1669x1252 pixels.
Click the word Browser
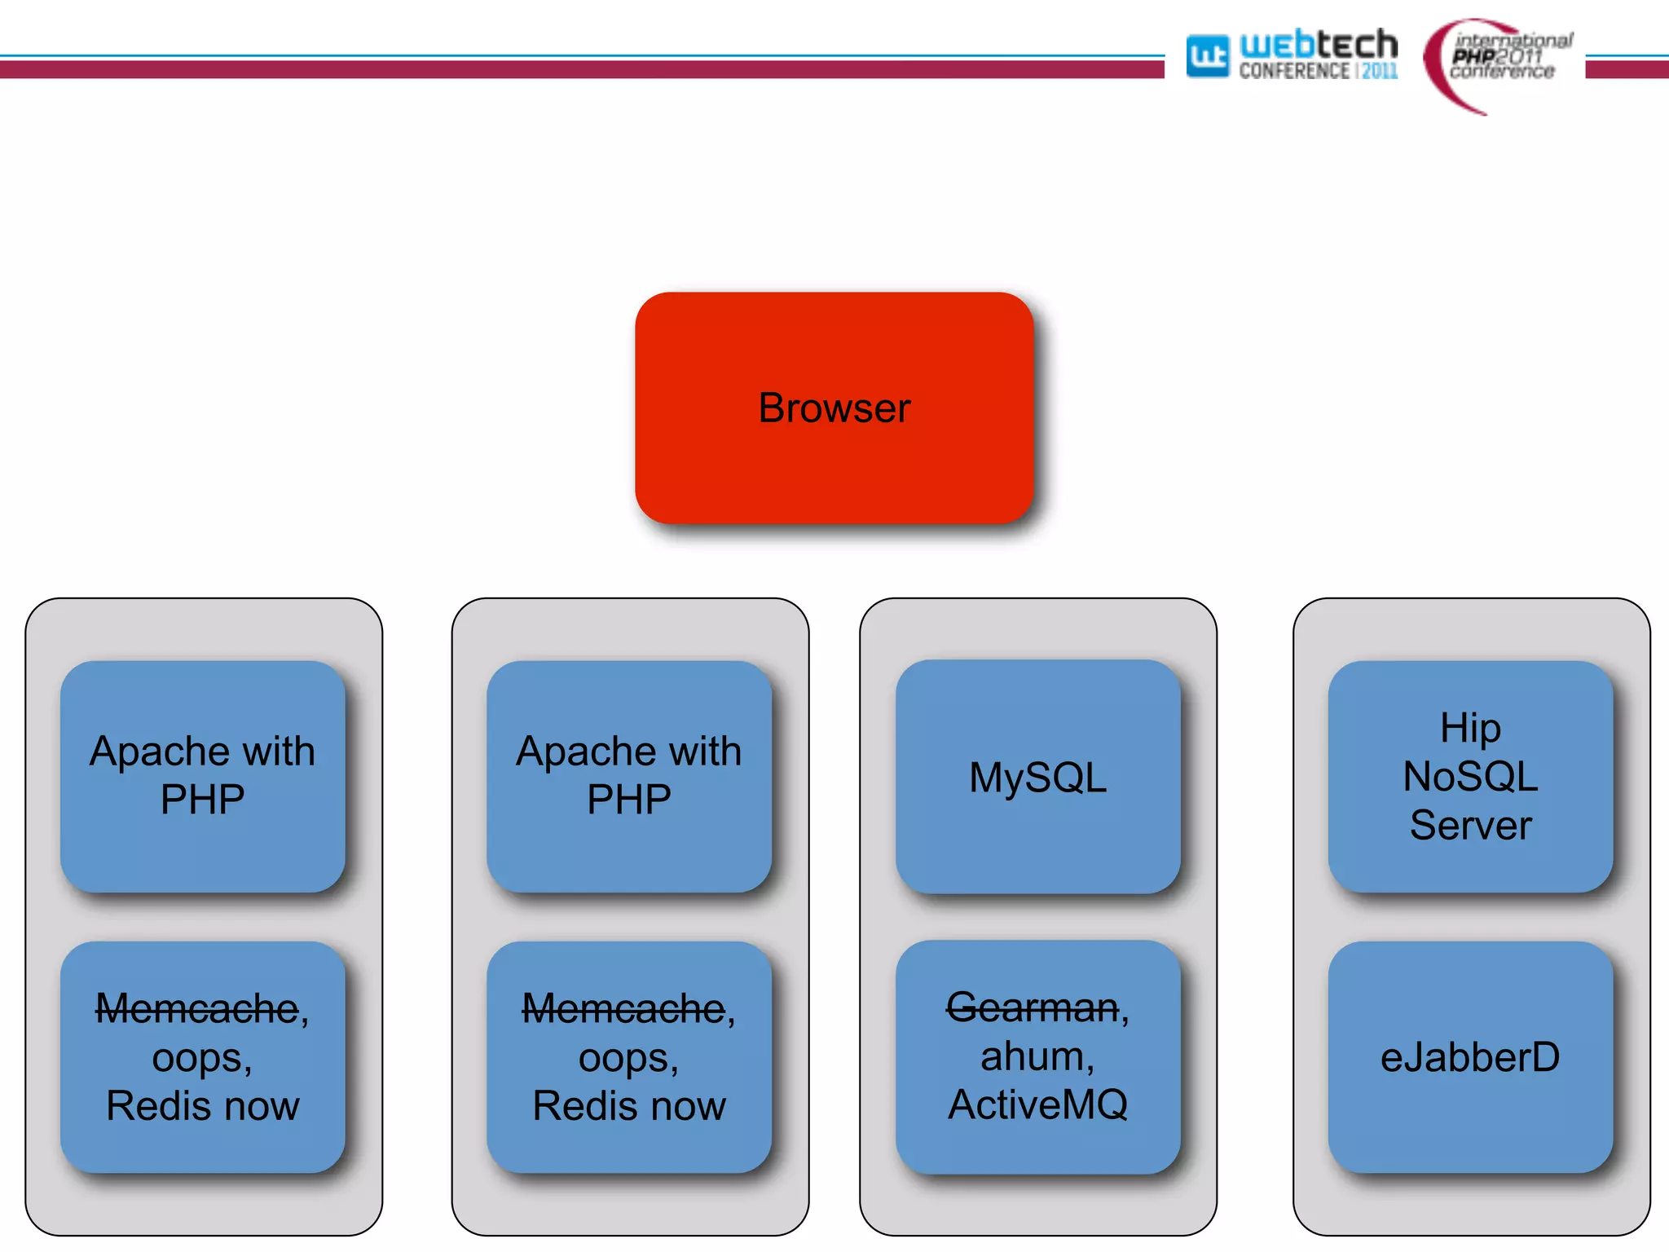point(834,408)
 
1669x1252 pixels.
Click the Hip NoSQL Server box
point(1470,864)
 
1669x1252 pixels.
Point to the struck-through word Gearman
point(1032,1007)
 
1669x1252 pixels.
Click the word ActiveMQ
point(1037,1105)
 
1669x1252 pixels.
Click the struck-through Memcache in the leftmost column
point(197,1009)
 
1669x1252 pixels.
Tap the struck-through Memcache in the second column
point(623,1009)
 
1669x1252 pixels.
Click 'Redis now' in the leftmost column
point(202,1106)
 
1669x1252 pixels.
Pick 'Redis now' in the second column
point(628,1106)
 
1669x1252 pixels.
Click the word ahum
point(1033,1057)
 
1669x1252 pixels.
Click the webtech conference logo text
point(1318,54)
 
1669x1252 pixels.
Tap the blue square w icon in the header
point(1207,56)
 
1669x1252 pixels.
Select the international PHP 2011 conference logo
point(1499,61)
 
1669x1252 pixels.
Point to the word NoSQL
point(1470,776)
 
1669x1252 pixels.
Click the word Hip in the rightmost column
point(1470,728)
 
